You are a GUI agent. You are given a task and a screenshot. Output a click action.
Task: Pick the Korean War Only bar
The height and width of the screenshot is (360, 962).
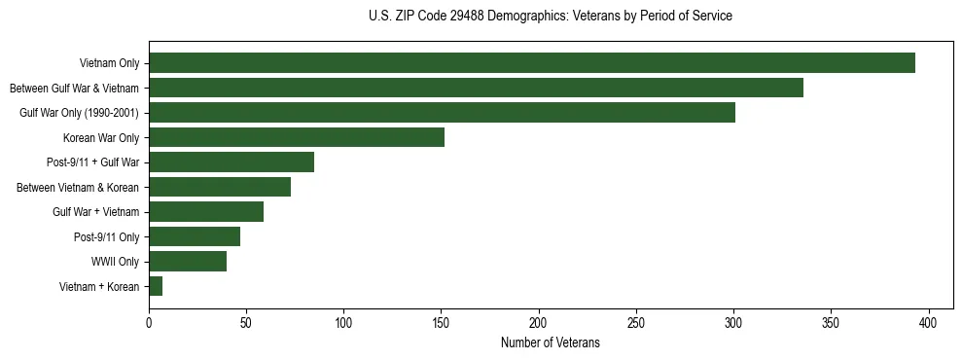297,137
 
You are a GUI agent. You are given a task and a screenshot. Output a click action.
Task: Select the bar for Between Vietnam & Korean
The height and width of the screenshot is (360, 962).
220,187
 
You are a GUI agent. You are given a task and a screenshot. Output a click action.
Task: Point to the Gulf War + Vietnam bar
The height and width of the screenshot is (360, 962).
206,212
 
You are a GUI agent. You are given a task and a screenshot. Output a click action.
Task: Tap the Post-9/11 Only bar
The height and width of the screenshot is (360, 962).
195,236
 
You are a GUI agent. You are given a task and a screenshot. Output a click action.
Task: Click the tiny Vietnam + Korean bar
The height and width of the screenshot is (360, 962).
156,286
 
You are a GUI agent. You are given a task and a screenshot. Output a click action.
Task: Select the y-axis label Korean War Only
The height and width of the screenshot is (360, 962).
101,137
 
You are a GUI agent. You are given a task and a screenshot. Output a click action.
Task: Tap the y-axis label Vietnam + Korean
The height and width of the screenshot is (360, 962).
99,286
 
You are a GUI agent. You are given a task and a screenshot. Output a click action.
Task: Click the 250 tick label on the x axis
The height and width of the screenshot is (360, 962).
636,323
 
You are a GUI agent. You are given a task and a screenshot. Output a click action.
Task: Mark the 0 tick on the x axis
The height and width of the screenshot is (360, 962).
149,323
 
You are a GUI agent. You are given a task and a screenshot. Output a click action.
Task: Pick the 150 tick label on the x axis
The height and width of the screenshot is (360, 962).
441,323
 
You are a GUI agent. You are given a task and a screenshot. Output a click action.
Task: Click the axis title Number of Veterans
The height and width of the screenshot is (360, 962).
550,343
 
